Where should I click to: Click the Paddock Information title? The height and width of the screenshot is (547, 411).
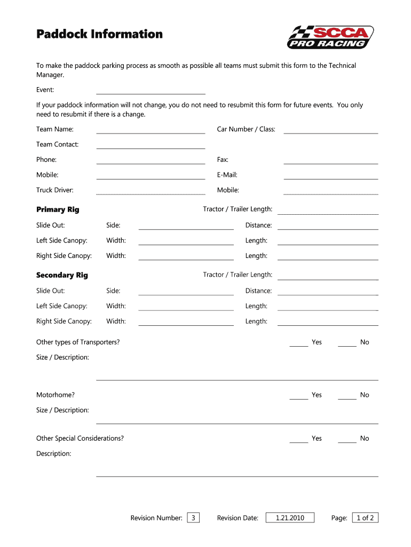pos(99,34)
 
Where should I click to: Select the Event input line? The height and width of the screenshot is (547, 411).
pos(151,91)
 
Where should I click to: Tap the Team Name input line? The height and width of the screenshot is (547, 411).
pos(151,130)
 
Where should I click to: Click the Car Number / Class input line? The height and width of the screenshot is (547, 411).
pos(330,130)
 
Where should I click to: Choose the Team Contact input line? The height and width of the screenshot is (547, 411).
pos(151,145)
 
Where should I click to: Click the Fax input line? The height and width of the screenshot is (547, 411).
pos(330,160)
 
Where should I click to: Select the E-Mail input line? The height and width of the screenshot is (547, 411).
pos(330,176)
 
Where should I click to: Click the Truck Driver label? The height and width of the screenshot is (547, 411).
pos(54,190)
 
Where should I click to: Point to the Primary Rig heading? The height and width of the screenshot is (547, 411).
pos(58,209)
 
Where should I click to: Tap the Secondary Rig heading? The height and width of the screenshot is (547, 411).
pos(62,275)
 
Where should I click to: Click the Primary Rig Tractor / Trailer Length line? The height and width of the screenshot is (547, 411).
pos(328,210)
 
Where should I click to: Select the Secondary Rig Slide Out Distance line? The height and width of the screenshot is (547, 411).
pos(328,292)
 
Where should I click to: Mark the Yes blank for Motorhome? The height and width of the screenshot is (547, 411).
pos(299,396)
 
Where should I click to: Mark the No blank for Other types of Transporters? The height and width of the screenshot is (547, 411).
pos(347,343)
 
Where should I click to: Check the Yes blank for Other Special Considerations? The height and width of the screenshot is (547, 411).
pos(299,439)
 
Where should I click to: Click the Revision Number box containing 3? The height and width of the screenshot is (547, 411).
pos(193,518)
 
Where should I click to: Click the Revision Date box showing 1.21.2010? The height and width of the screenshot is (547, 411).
pos(290,518)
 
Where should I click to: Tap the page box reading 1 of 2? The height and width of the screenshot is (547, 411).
pos(365,518)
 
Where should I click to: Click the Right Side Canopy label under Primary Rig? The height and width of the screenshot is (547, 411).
pos(64,256)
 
